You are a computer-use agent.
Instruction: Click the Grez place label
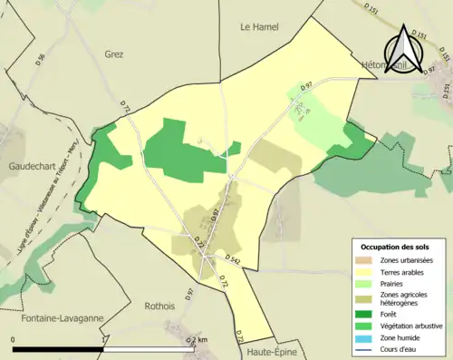[x=113, y=54]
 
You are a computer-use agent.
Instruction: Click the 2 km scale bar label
[x=200, y=339]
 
